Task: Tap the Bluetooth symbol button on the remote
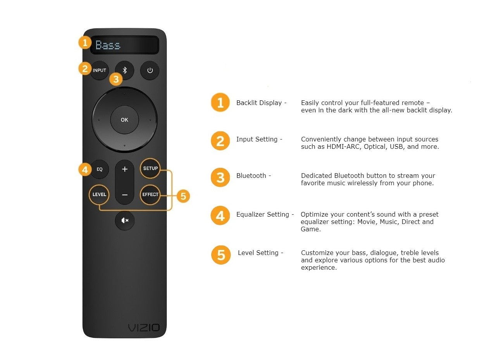click(125, 71)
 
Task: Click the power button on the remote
click(150, 71)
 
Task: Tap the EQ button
click(100, 169)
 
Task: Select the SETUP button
click(150, 168)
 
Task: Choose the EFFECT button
click(150, 195)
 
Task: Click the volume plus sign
click(125, 169)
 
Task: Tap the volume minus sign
click(125, 195)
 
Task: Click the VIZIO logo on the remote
click(144, 328)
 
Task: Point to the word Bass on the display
click(108, 45)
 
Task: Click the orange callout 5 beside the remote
click(183, 196)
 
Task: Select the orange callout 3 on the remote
click(116, 79)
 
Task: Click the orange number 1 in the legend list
click(220, 103)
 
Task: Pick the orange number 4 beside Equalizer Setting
click(220, 215)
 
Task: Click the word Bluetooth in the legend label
click(251, 176)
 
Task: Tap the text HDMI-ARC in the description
click(343, 146)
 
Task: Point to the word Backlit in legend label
click(247, 103)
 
